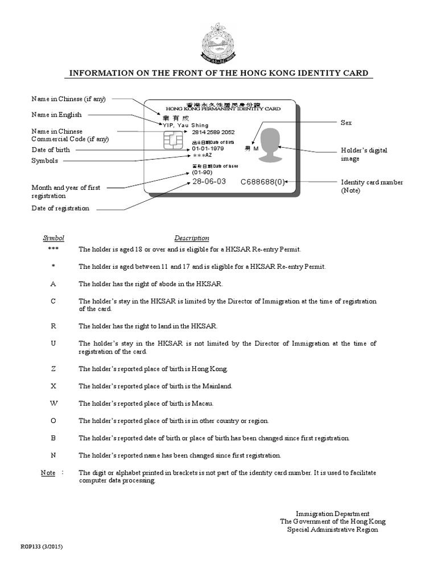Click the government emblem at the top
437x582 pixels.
pyautogui.click(x=218, y=43)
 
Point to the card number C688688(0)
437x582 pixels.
pyautogui.click(x=262, y=182)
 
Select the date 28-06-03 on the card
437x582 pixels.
pyautogui.click(x=209, y=182)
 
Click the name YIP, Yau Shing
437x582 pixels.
pyautogui.click(x=185, y=125)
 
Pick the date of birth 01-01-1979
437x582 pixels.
pyautogui.click(x=208, y=148)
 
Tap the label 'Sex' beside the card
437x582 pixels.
pyautogui.click(x=346, y=123)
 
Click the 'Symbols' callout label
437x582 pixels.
pyautogui.click(x=45, y=161)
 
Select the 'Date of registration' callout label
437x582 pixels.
pyautogui.click(x=60, y=208)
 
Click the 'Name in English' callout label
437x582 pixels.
pyautogui.click(x=56, y=115)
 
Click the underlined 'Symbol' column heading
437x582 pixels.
pyautogui.click(x=54, y=238)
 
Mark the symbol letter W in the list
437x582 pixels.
pyautogui.click(x=53, y=404)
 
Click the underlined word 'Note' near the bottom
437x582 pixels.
pyautogui.click(x=48, y=473)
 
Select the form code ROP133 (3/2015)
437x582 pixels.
pyautogui.click(x=42, y=547)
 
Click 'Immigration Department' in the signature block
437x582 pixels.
pyautogui.click(x=332, y=513)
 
